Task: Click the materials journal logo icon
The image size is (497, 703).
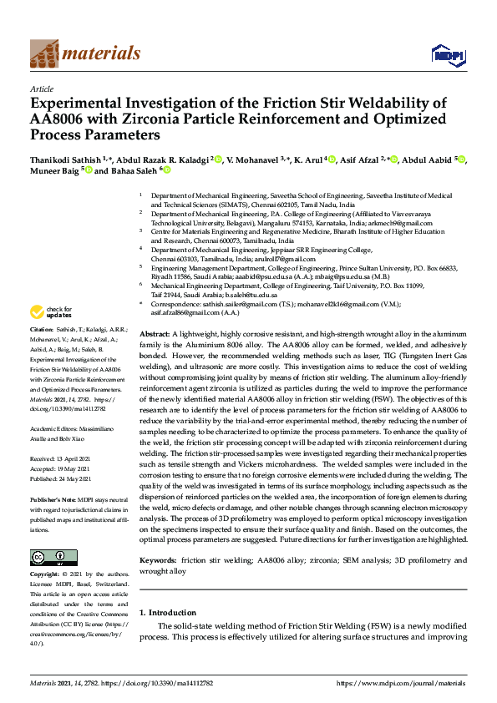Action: coord(44,53)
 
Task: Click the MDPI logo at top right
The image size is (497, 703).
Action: coord(447,54)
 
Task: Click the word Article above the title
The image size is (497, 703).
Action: coord(41,89)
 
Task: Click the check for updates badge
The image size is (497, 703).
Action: coord(50,312)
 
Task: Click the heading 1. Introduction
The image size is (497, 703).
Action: coord(168,613)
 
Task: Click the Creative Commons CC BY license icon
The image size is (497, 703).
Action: coord(48,558)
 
